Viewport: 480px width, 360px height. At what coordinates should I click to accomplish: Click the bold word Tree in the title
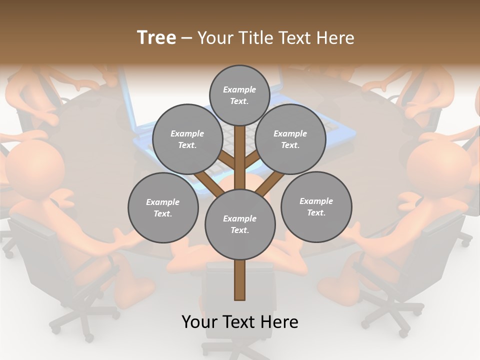(156, 37)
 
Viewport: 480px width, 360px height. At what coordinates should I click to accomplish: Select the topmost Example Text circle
(239, 95)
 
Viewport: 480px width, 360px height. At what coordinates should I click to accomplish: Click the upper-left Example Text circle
(187, 139)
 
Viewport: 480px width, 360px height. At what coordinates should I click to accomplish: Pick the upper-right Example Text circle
(290, 139)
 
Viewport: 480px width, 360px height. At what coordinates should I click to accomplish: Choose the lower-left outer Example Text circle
(163, 207)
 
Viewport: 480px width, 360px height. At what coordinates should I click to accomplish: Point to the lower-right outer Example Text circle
(316, 206)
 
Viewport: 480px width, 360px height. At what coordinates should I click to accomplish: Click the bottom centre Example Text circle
(240, 224)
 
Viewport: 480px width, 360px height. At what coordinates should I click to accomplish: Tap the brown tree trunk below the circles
(240, 280)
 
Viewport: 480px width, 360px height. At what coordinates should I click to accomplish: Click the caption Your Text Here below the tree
(240, 322)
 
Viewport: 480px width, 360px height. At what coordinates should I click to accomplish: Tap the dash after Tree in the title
(187, 38)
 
